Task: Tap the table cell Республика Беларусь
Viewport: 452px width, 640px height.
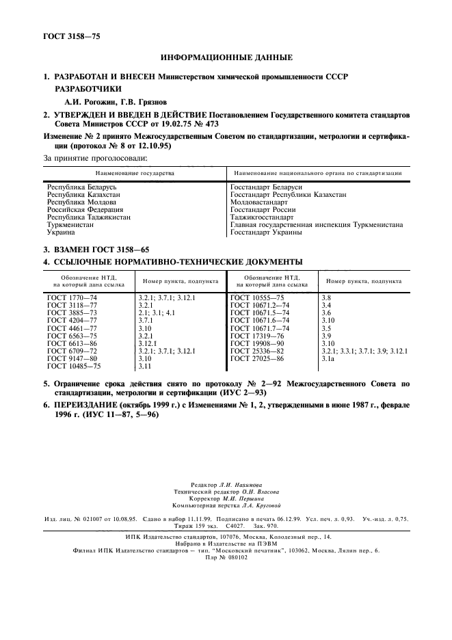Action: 74,187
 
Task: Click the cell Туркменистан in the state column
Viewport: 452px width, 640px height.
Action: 70,224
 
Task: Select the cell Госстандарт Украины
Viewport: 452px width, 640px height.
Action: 267,232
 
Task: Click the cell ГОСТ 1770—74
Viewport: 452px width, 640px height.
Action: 72,298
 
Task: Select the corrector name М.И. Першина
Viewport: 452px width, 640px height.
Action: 252,498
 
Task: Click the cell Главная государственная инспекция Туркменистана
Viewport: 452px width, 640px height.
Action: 316,224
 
